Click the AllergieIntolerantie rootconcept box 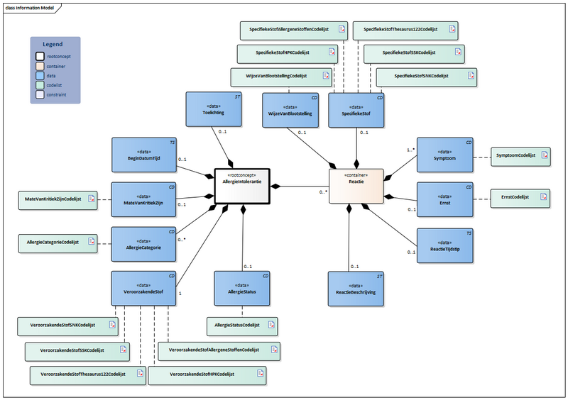point(241,187)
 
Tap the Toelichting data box point(213,110)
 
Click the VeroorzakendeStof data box point(143,288)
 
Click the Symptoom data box point(444,155)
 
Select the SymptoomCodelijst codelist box point(520,155)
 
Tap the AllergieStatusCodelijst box point(241,326)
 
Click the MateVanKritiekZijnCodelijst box point(57,201)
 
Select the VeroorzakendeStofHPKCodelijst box point(207,375)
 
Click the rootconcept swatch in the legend point(41,55)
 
